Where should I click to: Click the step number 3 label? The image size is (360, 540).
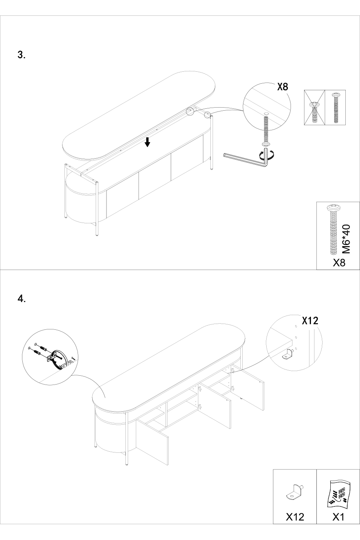click(x=22, y=55)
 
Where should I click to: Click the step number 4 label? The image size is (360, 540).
click(x=22, y=299)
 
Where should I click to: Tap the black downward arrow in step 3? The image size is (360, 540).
click(x=147, y=142)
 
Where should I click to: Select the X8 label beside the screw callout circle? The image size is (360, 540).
click(x=282, y=86)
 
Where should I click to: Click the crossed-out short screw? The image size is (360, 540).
click(x=314, y=112)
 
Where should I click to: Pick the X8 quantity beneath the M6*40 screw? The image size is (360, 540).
click(x=339, y=263)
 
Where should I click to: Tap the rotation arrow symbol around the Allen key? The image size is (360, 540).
click(x=267, y=155)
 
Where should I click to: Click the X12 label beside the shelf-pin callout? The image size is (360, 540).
click(x=310, y=321)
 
